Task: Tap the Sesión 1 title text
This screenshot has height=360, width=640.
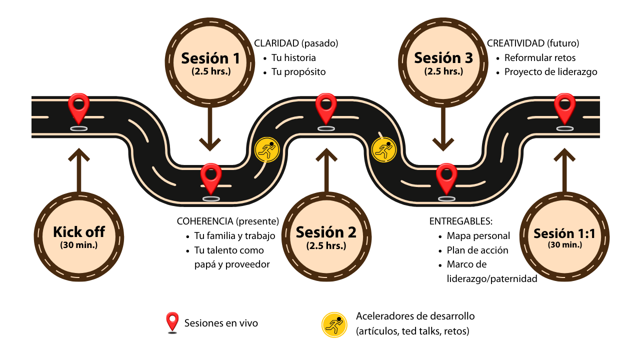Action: pos(210,58)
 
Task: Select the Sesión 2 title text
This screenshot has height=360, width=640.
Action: pos(326,232)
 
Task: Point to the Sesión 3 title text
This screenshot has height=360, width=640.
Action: pos(443,58)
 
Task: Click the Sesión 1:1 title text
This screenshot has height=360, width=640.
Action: pos(564,233)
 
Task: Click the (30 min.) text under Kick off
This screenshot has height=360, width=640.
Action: pos(79,245)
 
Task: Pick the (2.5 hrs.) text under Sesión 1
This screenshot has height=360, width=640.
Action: pos(211,71)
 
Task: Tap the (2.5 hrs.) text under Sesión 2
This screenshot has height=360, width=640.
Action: pos(326,245)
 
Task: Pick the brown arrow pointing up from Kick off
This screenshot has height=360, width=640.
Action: pos(78,170)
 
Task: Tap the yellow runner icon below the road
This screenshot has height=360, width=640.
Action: pos(334,325)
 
